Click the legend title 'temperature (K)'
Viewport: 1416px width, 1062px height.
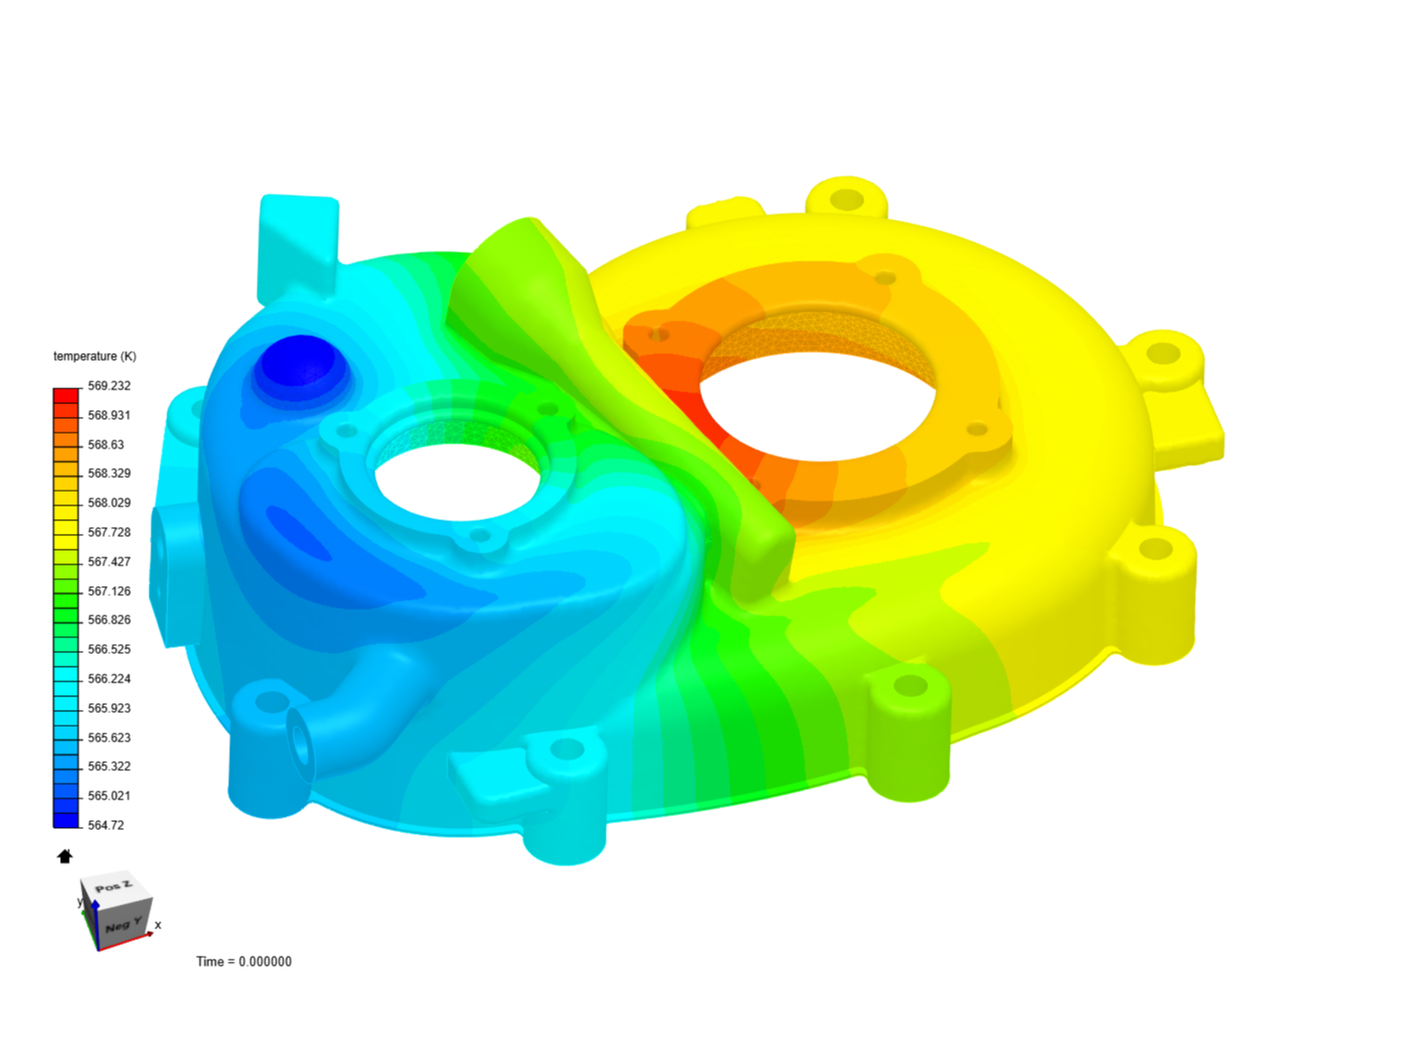point(94,356)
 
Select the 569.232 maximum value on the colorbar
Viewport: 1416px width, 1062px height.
point(109,385)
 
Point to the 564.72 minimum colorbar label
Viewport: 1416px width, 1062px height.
point(106,825)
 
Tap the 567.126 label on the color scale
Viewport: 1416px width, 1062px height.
point(109,591)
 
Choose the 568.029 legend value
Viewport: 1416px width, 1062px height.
point(109,502)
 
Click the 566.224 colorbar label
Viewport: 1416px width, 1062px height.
point(109,678)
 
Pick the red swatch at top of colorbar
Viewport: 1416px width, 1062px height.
point(66,395)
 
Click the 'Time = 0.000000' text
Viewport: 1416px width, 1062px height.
point(244,962)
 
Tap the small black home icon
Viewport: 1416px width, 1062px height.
point(65,856)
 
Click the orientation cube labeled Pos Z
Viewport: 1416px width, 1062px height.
point(116,911)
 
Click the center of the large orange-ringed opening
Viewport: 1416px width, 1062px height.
point(816,398)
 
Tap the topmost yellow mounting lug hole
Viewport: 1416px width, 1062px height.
point(847,201)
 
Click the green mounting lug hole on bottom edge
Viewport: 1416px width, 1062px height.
point(910,685)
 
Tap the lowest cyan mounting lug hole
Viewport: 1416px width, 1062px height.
point(566,750)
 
